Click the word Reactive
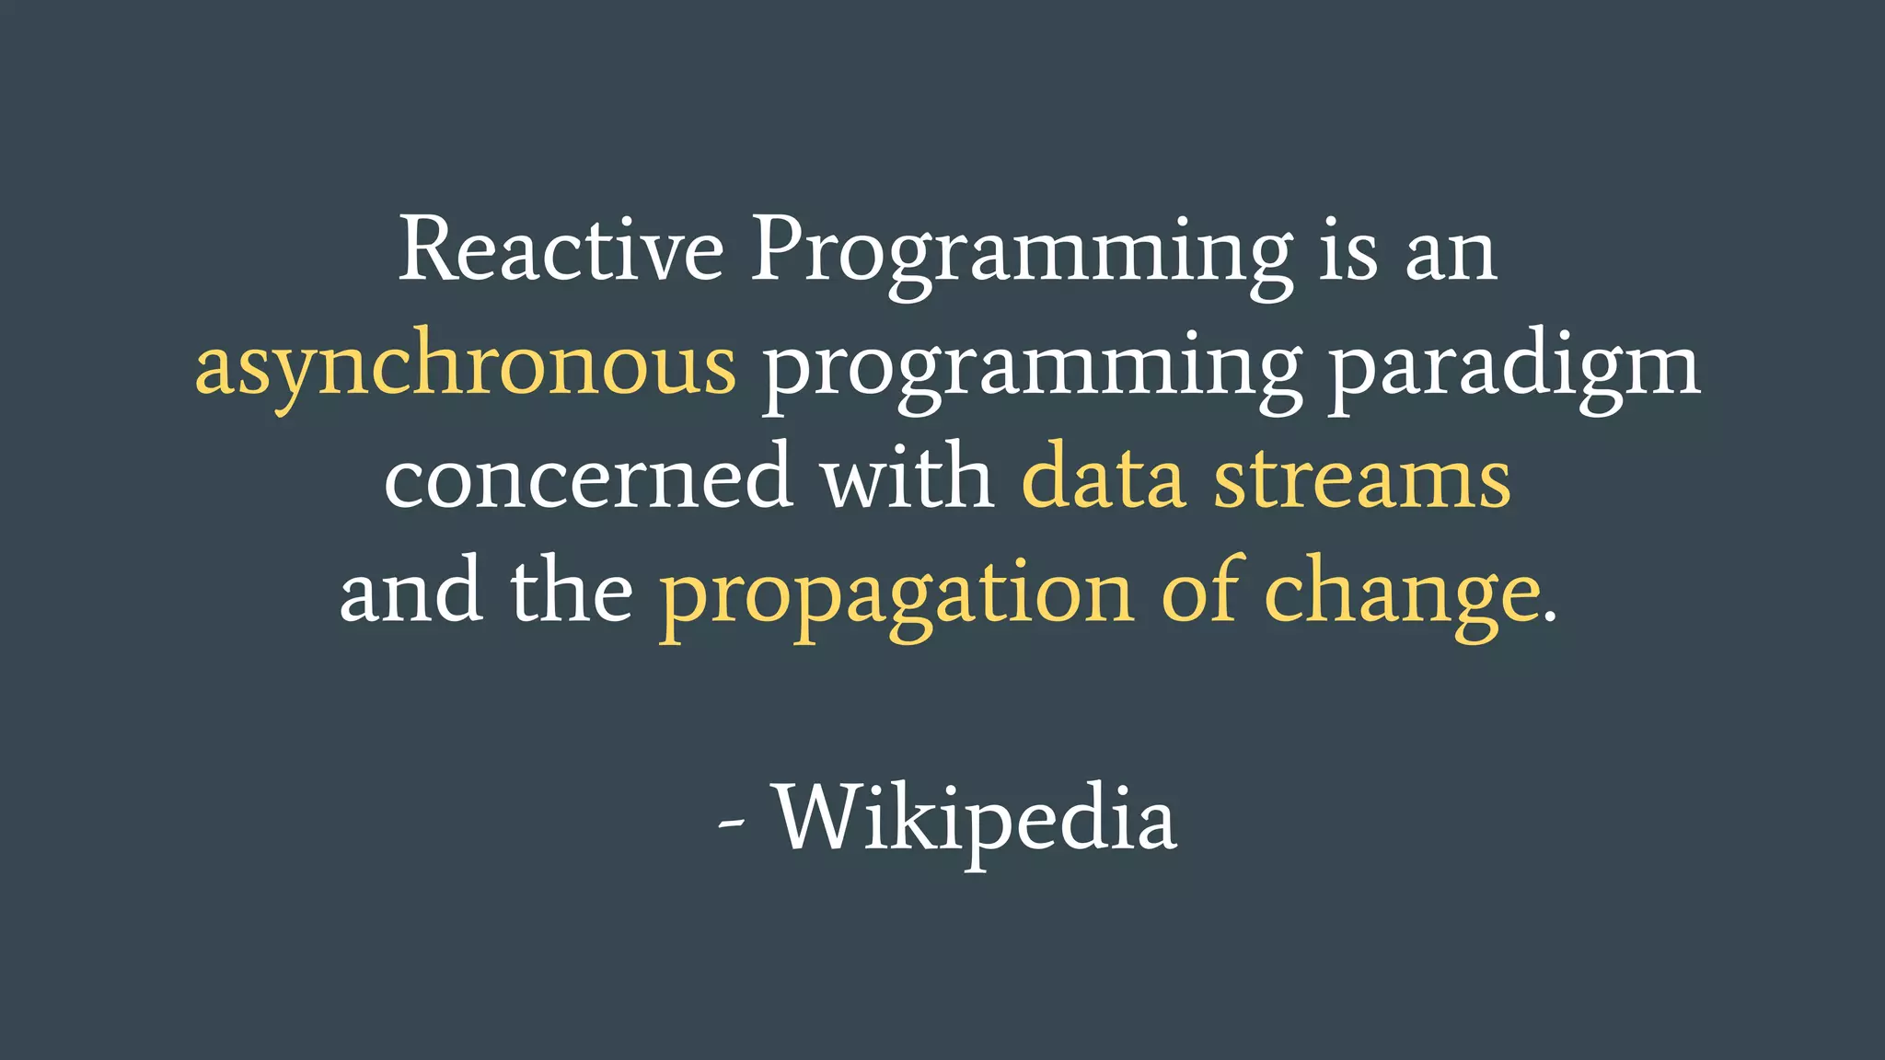tap(561, 250)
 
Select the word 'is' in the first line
tap(1348, 252)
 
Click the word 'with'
tap(908, 477)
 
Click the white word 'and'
tap(411, 592)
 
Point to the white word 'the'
tap(572, 590)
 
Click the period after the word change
tap(1550, 619)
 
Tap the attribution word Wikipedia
tap(975, 820)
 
